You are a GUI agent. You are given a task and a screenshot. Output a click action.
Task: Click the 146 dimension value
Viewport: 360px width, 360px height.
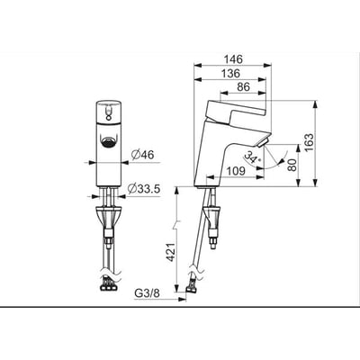(x=233, y=59)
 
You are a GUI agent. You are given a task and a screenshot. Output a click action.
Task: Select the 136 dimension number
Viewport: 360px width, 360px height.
(x=230, y=74)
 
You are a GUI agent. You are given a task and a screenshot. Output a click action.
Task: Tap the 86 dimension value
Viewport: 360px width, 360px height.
(x=243, y=87)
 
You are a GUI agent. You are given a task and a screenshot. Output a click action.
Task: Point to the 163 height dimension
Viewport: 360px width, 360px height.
(x=309, y=142)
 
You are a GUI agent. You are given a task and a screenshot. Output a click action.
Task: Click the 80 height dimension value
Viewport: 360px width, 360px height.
(x=292, y=165)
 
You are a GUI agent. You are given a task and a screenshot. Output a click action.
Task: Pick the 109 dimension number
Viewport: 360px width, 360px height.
(x=236, y=172)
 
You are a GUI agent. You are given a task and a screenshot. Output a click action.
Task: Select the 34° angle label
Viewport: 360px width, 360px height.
(x=253, y=157)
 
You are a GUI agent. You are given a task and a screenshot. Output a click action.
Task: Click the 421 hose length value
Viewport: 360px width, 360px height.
(x=172, y=252)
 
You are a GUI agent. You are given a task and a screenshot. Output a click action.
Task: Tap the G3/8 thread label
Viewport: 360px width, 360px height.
(x=147, y=293)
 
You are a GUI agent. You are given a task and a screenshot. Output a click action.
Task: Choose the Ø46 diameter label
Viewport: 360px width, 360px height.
(x=142, y=155)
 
